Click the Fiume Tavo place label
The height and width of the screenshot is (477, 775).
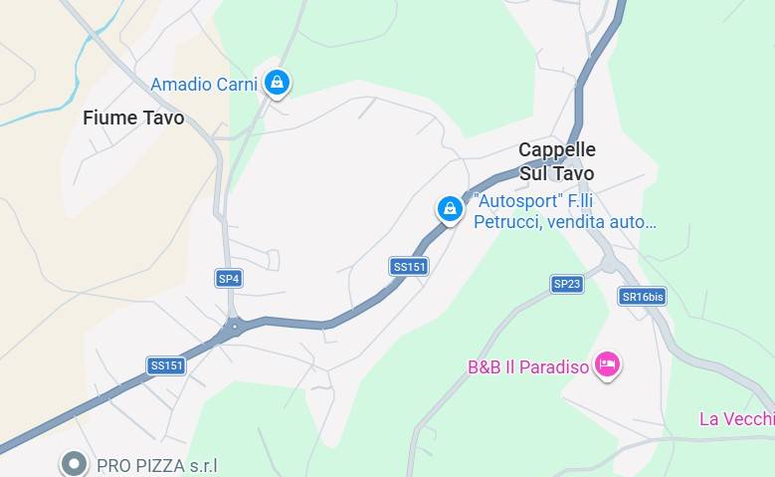[x=133, y=118]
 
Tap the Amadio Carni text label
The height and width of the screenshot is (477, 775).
[x=204, y=84]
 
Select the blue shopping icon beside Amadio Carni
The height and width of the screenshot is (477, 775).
[x=278, y=82]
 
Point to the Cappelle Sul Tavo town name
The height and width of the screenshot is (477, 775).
[x=557, y=161]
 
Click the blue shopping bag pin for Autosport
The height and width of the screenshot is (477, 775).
[x=451, y=208]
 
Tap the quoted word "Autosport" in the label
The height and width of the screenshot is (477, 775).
[x=518, y=201]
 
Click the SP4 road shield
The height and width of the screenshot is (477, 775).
[x=229, y=279]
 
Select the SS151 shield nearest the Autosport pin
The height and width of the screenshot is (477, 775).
[x=409, y=266]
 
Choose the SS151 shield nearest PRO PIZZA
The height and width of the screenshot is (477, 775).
[x=167, y=365]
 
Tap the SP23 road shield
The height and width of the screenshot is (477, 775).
[x=566, y=284]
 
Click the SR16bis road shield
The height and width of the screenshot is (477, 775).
[x=642, y=296]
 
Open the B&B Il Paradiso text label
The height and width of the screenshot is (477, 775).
[x=528, y=367]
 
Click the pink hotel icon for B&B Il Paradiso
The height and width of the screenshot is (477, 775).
[x=607, y=365]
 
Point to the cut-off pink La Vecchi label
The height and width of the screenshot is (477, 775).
[x=736, y=419]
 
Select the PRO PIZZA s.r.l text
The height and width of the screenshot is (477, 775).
[x=156, y=465]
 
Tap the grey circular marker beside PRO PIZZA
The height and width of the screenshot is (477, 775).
[x=74, y=463]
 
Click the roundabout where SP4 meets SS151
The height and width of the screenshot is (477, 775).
[x=235, y=326]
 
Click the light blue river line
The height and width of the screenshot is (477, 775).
[x=40, y=111]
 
